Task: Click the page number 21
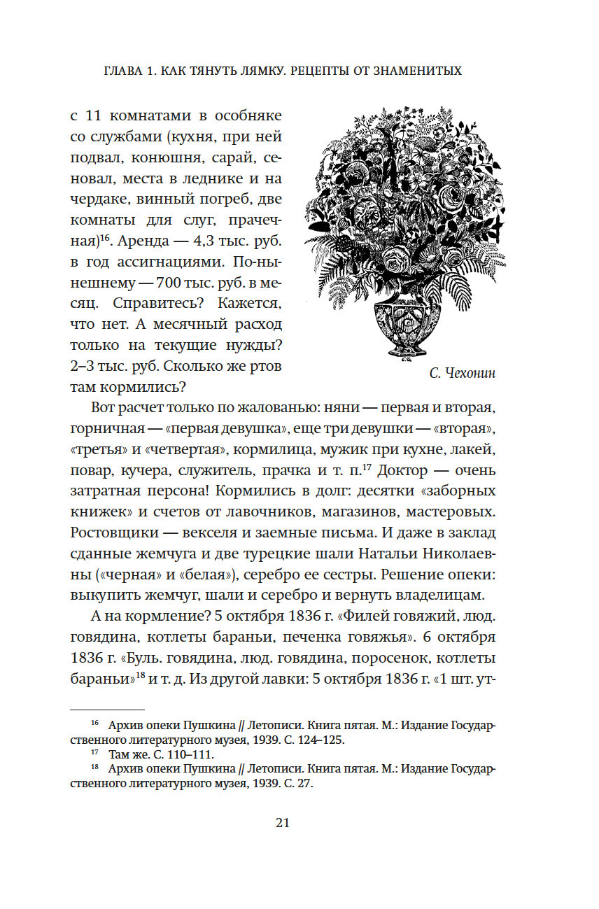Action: pos(283,823)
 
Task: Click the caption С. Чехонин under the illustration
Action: pos(462,373)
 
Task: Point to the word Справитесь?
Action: pos(129,305)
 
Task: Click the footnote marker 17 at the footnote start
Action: pos(96,754)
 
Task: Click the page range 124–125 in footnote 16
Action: pos(316,739)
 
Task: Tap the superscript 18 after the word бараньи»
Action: pos(140,676)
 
